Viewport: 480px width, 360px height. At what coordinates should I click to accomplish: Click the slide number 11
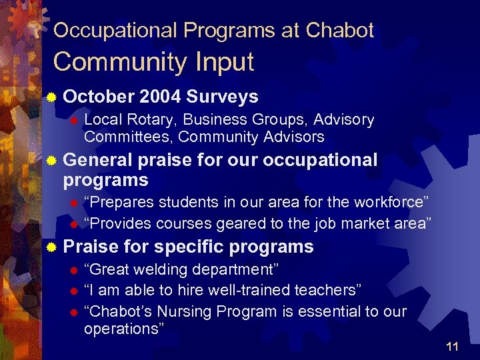pyautogui.click(x=452, y=346)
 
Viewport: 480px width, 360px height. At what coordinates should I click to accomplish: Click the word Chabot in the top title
pyautogui.click(x=339, y=30)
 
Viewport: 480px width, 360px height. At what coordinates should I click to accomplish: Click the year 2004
pyautogui.click(x=161, y=97)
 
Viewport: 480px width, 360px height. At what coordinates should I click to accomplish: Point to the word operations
pyautogui.click(x=121, y=329)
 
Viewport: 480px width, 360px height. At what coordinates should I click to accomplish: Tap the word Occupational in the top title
pyautogui.click(x=115, y=30)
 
